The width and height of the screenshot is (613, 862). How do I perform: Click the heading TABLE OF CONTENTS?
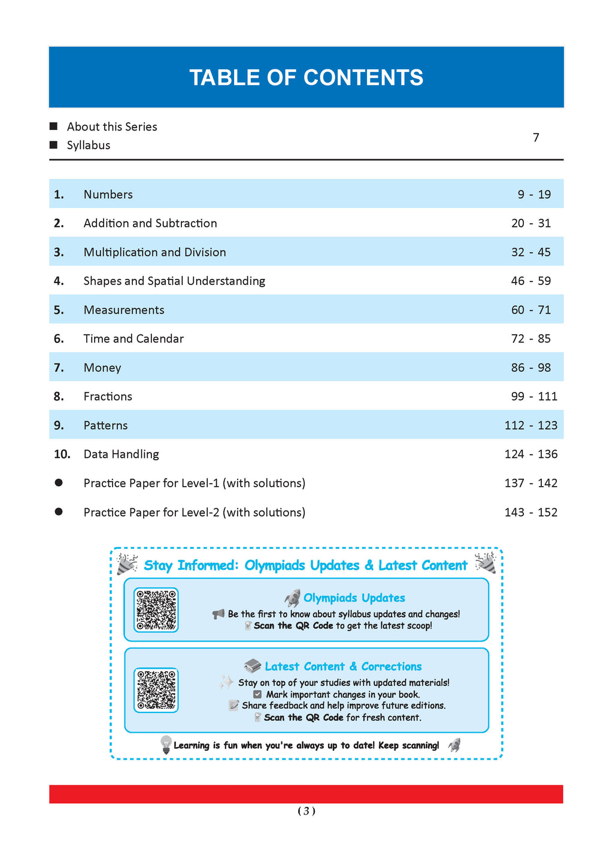[x=306, y=78]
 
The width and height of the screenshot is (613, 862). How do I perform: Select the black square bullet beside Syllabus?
[x=53, y=145]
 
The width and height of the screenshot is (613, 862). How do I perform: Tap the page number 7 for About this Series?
[x=536, y=138]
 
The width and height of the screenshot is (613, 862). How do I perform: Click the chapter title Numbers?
[x=108, y=195]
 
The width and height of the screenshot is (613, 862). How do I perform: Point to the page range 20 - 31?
[x=530, y=223]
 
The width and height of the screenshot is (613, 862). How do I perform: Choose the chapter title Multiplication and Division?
[x=154, y=252]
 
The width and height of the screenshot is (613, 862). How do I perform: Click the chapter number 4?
[x=59, y=281]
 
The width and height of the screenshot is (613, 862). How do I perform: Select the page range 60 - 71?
[x=530, y=310]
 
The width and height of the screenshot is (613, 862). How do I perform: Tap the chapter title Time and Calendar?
[x=133, y=339]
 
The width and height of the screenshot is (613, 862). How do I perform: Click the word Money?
[x=102, y=368]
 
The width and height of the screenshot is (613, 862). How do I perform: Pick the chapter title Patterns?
[x=105, y=426]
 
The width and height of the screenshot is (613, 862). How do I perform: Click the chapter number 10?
[x=62, y=454]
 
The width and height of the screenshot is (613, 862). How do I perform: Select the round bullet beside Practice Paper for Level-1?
[x=59, y=482]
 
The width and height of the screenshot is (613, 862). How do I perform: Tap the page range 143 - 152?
[x=530, y=512]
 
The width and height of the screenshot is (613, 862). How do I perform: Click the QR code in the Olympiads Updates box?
[x=156, y=610]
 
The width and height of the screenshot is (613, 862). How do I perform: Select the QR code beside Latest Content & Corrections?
[x=156, y=690]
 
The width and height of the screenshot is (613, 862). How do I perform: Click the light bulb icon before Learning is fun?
[x=166, y=745]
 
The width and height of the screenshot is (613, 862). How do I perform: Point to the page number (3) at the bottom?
[x=306, y=811]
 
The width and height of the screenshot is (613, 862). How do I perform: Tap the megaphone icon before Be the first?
[x=219, y=614]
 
